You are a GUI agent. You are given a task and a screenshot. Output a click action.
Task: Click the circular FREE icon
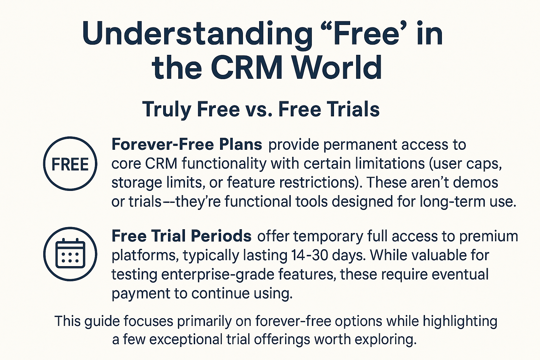(x=70, y=164)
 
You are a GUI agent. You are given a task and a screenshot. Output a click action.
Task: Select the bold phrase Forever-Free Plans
(x=187, y=144)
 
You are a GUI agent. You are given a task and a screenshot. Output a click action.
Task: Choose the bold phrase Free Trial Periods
(x=181, y=236)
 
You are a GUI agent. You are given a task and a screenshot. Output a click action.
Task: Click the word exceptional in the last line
(x=188, y=340)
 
